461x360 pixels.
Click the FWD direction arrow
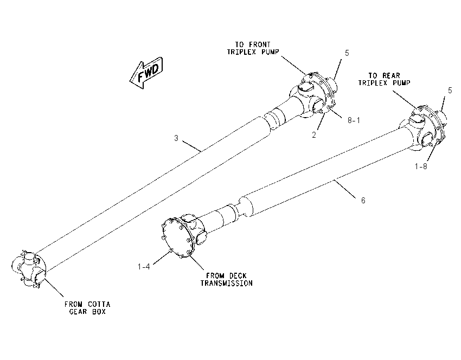146,73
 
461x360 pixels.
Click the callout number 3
176,138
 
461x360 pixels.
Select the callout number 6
363,201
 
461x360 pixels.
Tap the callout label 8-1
354,120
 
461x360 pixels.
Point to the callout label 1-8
421,166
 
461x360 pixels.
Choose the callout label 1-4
144,267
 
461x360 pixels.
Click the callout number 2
314,135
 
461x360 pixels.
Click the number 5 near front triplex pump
347,53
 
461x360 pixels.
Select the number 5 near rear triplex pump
450,91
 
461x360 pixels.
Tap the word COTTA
99,305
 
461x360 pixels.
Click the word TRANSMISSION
226,284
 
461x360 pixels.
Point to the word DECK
238,276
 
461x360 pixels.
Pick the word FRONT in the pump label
260,44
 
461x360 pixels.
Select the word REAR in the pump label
391,76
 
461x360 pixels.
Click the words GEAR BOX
87,312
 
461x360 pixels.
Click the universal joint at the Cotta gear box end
28,269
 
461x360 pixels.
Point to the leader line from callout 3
191,146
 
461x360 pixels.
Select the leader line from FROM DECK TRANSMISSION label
197,262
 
